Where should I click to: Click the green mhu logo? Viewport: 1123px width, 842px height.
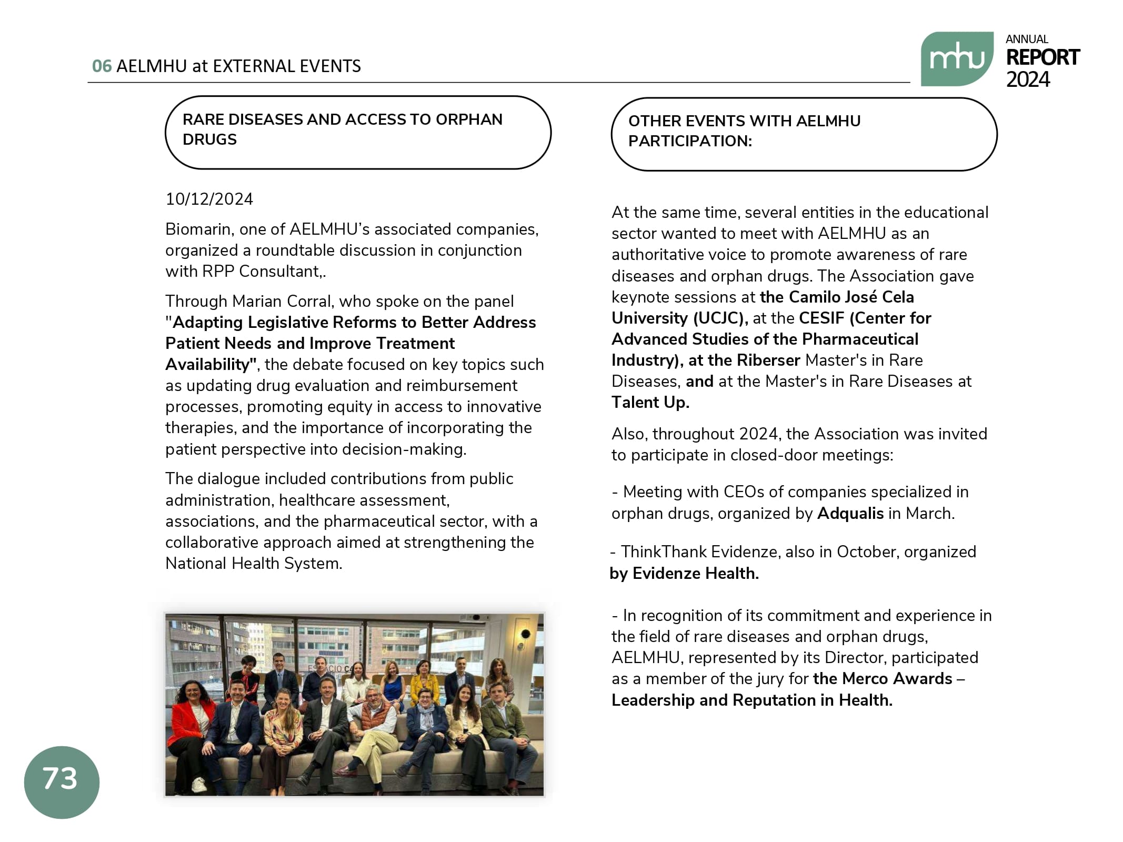tap(956, 59)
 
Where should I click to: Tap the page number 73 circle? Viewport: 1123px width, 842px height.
tap(62, 781)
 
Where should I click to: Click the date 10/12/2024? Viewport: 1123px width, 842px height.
tap(209, 199)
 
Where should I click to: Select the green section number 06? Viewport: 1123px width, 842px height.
tap(102, 66)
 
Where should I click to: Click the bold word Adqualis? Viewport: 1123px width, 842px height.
tap(850, 513)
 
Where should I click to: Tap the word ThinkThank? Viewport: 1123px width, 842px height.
tap(664, 552)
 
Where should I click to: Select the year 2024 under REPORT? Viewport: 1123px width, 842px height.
tap(1028, 79)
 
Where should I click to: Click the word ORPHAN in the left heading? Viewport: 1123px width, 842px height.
tap(469, 119)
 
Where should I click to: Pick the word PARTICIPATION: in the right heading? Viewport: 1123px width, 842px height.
tap(690, 141)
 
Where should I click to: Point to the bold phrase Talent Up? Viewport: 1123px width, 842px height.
tap(650, 403)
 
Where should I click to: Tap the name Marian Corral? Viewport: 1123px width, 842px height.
tap(283, 301)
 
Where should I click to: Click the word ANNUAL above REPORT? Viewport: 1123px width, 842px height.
tap(1027, 39)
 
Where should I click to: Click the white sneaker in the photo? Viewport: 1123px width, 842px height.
tap(199, 784)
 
